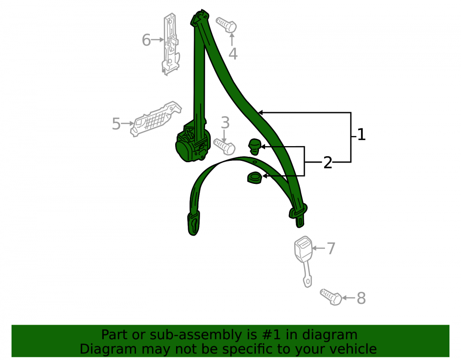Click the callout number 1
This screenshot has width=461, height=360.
361,135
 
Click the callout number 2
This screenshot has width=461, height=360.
327,163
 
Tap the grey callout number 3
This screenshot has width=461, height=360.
225,123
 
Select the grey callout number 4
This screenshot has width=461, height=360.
233,54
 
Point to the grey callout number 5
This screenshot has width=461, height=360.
117,124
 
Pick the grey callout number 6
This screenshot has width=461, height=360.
146,40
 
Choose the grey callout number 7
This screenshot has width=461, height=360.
331,248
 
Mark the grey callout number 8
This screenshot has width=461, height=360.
361,298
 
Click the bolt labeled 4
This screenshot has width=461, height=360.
226,24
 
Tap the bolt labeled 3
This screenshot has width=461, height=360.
224,147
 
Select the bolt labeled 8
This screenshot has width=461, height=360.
331,297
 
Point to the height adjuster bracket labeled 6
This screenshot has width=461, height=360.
170,44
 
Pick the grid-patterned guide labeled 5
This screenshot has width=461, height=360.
156,119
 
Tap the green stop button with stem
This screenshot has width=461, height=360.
254,147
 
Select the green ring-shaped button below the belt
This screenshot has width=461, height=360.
254,178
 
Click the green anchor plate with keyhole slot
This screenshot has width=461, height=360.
194,224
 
